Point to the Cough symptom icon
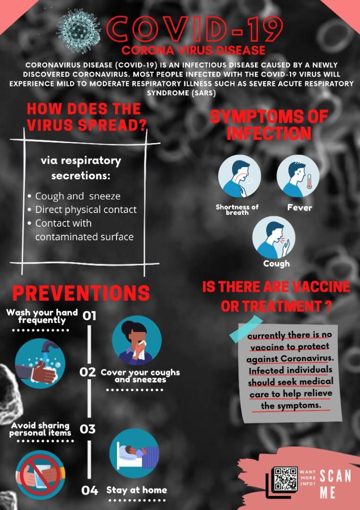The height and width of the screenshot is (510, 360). point(274,237)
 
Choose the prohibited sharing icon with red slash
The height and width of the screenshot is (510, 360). point(40,475)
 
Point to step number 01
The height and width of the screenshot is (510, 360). point(89,315)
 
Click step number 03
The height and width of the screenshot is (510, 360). point(88,429)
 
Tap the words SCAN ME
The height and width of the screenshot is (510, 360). point(335,484)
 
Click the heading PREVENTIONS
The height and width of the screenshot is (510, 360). point(81,293)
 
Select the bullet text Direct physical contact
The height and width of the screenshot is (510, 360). point(86,209)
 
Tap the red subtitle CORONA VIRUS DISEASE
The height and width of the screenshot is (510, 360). point(193,50)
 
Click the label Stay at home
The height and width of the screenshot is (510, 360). point(136,490)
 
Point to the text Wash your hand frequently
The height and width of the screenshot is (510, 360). point(42,316)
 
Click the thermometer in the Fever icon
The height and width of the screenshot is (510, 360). point(309,181)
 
